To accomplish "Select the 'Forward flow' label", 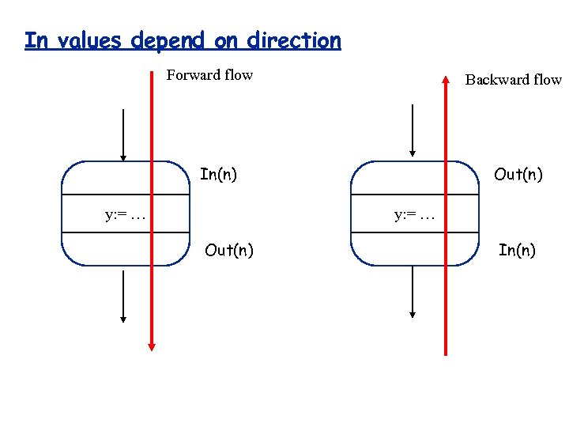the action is pos(209,75).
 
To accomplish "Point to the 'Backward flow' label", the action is pos(513,79).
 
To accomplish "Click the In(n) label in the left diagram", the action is pos(218,174).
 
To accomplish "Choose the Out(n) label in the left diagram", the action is pos(229,251).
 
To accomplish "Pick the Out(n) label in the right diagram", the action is pos(518,174).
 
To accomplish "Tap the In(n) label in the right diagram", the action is pos(517,251).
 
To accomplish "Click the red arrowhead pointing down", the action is pos(153,346).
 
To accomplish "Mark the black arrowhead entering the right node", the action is pos(411,153).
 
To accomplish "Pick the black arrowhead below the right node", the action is pos(411,315).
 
